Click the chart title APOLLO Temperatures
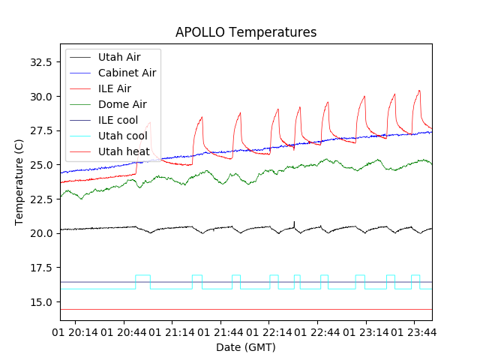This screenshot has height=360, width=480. (246, 32)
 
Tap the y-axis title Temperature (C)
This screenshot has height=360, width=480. (19, 181)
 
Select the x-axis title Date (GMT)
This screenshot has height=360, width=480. (246, 347)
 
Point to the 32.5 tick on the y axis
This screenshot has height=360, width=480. (39, 61)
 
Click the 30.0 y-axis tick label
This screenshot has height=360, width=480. (39, 96)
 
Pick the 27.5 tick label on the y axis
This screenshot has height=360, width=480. (39, 130)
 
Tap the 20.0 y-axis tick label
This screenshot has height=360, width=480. (39, 233)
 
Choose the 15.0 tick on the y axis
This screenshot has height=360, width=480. (39, 301)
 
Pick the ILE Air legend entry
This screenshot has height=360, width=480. (114, 88)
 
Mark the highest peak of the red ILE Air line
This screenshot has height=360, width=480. (419, 91)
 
